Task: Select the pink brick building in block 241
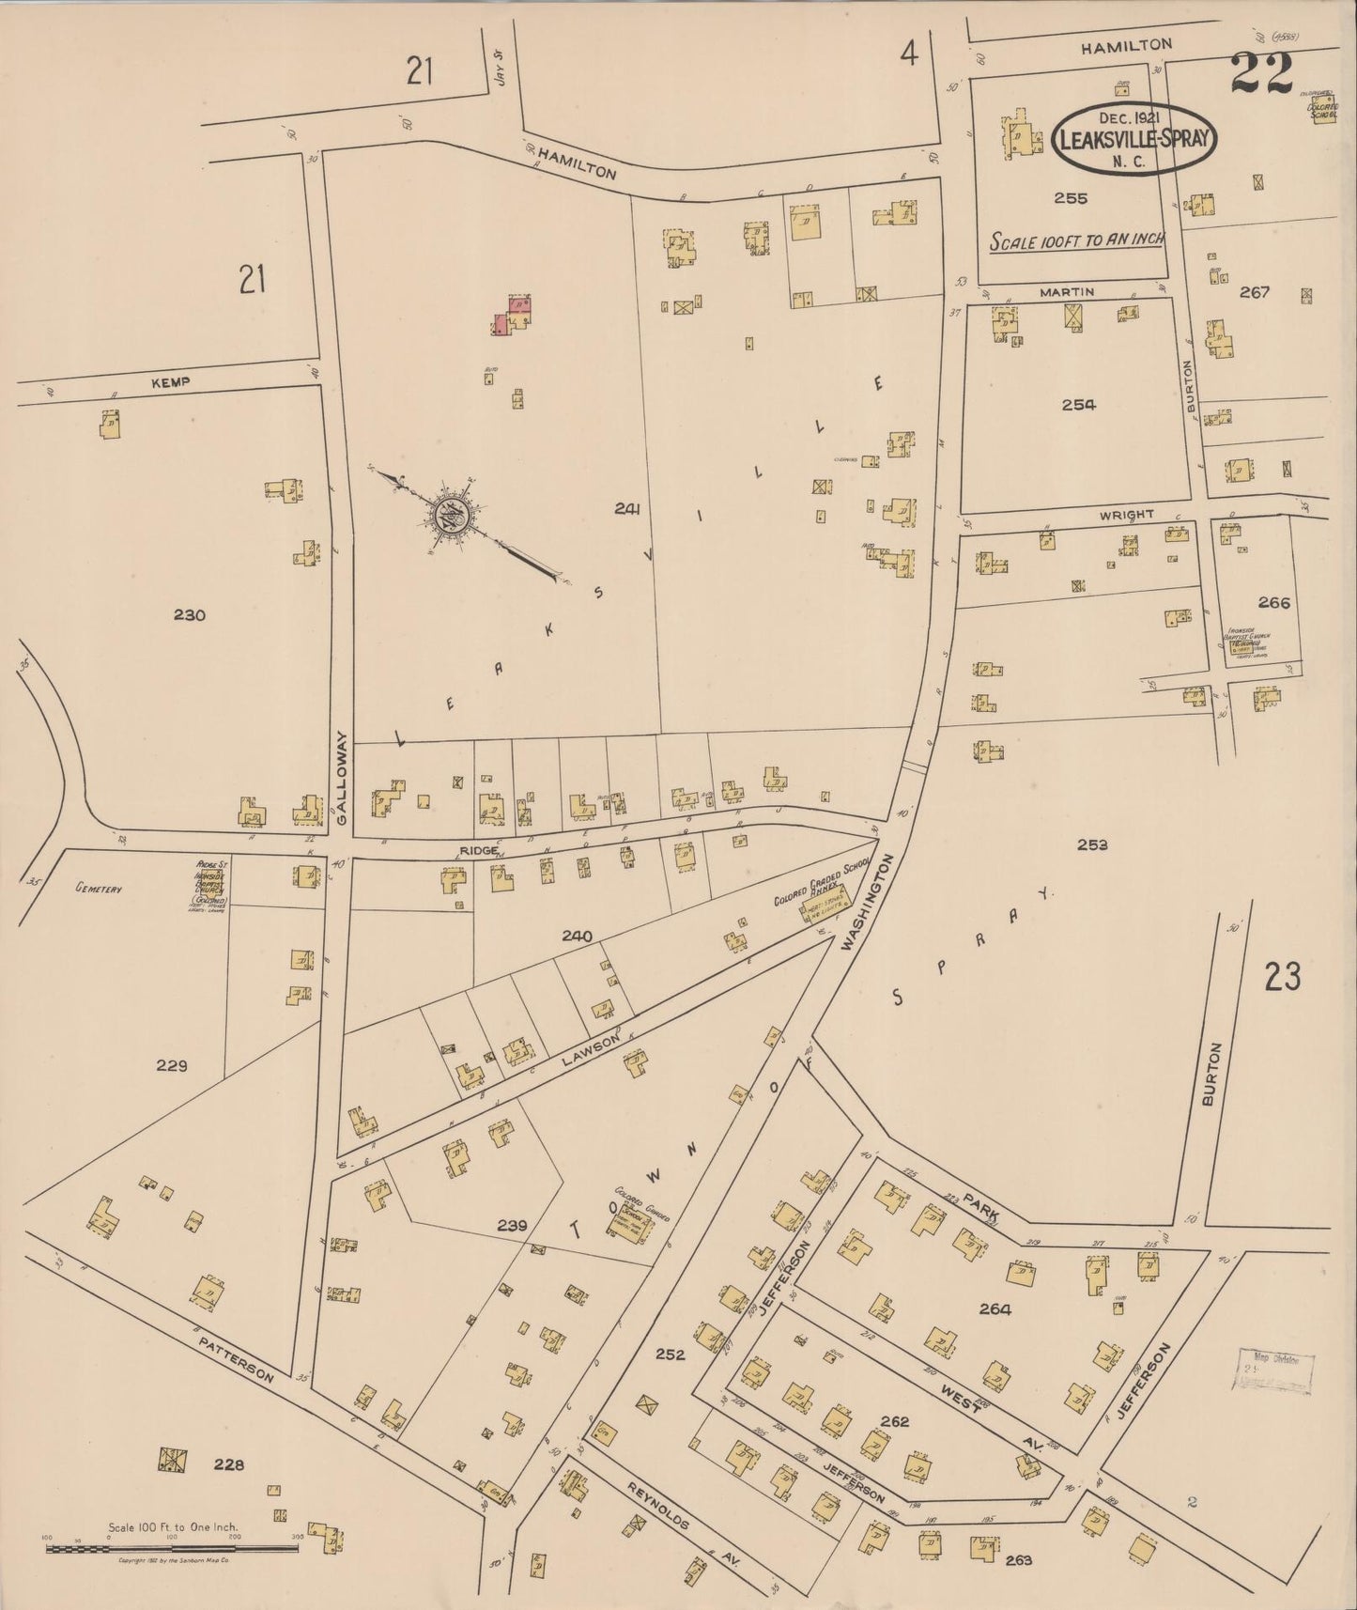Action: [504, 322]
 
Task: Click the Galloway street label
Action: [342, 779]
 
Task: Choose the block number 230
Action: [190, 615]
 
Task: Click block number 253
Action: [1092, 844]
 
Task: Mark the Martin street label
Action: [1067, 292]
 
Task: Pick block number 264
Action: [995, 1309]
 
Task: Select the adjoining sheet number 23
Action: [1282, 978]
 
